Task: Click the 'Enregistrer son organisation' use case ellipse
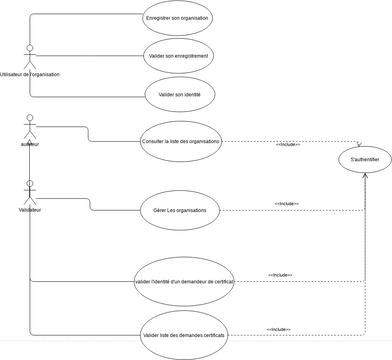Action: [x=178, y=18]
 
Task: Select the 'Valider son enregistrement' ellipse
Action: [x=178, y=56]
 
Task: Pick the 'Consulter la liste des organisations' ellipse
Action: [x=181, y=141]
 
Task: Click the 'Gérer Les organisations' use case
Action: [x=179, y=210]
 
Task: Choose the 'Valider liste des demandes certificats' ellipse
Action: [x=184, y=335]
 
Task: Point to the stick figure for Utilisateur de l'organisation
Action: [x=30, y=56]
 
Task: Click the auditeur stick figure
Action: [x=30, y=128]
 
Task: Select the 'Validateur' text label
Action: [x=30, y=211]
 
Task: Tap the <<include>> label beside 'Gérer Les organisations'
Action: [x=287, y=204]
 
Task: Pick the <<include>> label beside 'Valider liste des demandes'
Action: [x=279, y=329]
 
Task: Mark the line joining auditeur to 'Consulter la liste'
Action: [x=90, y=134]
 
